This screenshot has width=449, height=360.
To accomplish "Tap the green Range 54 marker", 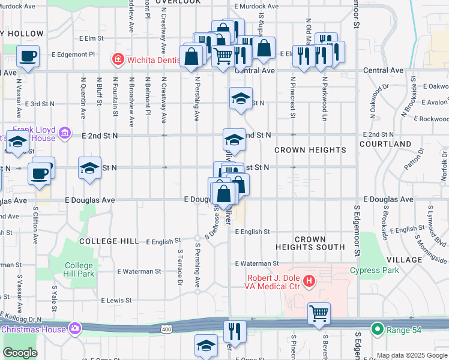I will point(377,329).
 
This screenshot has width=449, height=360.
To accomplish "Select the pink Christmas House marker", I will point(75,328).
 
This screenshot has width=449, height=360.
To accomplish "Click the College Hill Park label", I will point(79,269).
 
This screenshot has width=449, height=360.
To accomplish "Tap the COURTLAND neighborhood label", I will point(385,145).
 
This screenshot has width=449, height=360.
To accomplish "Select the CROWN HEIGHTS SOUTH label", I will point(310,243).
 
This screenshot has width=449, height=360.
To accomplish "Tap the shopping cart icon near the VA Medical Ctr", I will point(319,313).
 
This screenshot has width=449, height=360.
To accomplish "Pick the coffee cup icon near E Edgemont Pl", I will point(28,56).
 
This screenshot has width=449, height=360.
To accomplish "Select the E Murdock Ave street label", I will point(256,7).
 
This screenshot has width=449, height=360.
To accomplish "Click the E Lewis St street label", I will point(116,300).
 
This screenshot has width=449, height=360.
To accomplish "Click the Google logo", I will point(20,353).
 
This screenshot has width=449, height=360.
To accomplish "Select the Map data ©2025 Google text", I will point(412,355).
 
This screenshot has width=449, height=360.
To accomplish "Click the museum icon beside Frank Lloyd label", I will point(65,133).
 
